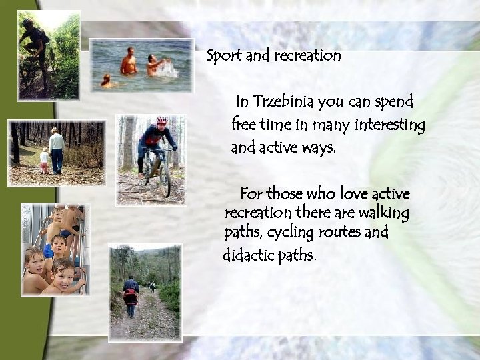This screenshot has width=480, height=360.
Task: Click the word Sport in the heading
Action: click(224, 56)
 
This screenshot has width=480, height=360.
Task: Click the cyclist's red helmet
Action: click(162, 121)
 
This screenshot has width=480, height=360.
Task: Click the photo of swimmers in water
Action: click(141, 65)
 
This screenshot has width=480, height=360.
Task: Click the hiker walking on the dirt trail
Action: click(131, 293)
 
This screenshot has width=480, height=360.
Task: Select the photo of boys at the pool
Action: click(55, 249)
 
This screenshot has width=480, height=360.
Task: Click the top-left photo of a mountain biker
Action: click(49, 55)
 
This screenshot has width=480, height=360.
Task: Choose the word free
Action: click(244, 125)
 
